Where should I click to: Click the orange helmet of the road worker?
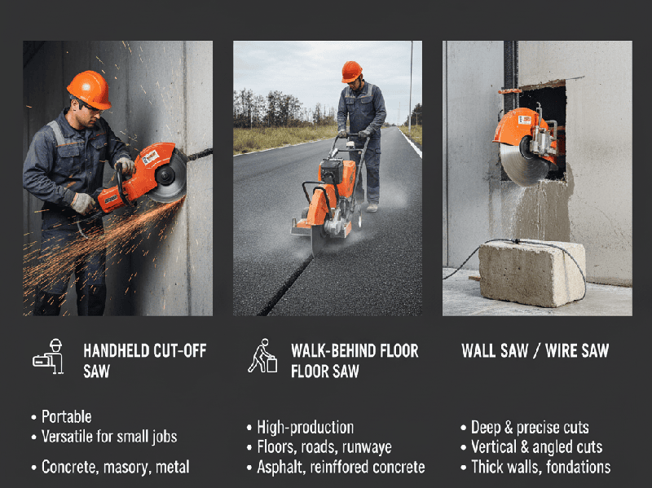[x=351, y=71]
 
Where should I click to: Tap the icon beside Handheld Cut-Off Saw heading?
[x=49, y=356]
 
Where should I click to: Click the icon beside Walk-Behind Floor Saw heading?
[x=262, y=356]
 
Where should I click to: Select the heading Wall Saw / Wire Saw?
[x=535, y=351]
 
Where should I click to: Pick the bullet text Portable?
[x=66, y=417]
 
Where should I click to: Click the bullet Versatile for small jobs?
[x=108, y=437]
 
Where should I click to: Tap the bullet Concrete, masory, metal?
[x=115, y=467]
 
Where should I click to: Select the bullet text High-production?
[x=305, y=427]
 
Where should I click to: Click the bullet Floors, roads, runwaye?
[x=324, y=447]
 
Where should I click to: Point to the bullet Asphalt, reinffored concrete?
[x=340, y=467]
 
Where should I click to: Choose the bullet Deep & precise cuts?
[x=529, y=427]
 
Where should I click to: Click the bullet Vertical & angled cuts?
[x=536, y=447]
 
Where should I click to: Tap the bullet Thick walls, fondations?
[x=540, y=467]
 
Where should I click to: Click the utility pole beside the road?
[x=410, y=81]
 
